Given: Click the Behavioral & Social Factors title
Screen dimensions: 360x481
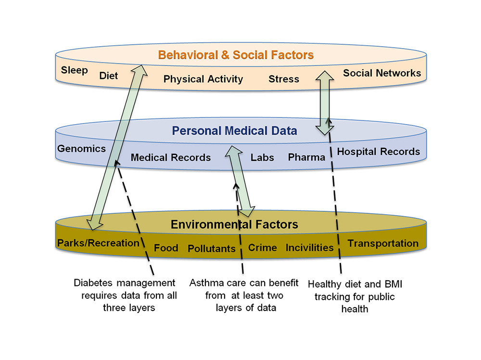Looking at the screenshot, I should pos(236,55).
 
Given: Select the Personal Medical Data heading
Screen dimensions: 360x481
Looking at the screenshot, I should pos(235,130).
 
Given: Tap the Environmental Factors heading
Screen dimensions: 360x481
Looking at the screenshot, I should pos(235,224).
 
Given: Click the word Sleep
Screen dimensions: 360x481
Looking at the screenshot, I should pos(75,70).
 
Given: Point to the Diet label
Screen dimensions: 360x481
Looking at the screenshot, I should pos(109,76).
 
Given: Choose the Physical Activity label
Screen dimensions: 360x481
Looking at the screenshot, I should pos(203,79).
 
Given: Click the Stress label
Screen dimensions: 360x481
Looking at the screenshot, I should pos(284,79).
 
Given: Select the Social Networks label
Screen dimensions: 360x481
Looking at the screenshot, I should pos(382,73).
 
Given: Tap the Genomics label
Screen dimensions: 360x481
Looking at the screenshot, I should pos(81,148).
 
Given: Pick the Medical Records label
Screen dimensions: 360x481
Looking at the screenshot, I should pos(171,157).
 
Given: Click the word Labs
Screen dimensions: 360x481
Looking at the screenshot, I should pos(262,157).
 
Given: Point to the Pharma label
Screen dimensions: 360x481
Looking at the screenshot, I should pos(306,157).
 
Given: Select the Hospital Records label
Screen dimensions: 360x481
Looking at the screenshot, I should pos(379,152).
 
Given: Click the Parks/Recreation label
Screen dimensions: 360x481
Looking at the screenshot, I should pos(98,243).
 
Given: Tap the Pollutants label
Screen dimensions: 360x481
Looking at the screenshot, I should pos(212,248).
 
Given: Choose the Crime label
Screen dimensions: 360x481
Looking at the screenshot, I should pos(262,247).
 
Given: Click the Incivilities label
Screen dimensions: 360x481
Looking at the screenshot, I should pos(309,247).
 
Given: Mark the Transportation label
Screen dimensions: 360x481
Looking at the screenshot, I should pos(383,243).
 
